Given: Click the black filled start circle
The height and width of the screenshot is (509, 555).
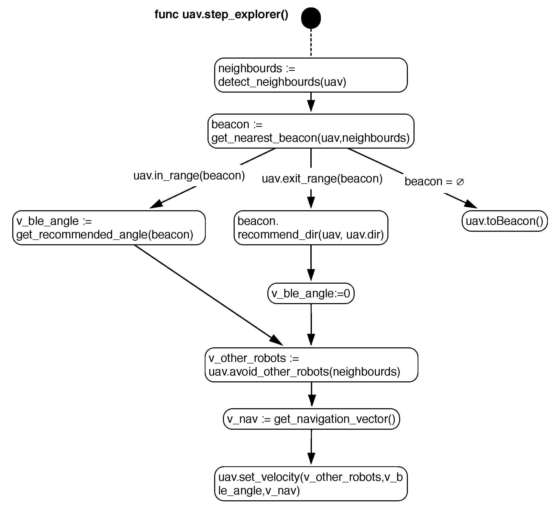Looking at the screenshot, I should (x=311, y=18).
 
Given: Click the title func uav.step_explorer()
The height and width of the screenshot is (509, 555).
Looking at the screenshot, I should (x=221, y=14).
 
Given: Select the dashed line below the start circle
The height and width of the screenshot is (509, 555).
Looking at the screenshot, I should (x=311, y=43).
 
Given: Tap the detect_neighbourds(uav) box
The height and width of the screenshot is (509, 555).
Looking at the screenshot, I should (x=311, y=75).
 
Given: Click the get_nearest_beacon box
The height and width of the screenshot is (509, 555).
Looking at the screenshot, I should (x=311, y=131).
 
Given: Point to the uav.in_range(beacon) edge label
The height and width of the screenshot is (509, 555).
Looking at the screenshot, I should (x=189, y=175).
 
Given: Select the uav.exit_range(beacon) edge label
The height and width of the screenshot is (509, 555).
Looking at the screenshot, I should (x=322, y=179).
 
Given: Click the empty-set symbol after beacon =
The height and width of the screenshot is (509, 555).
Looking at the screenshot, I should (x=460, y=182).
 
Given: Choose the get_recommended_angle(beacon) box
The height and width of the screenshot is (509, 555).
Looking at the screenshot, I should (x=109, y=228).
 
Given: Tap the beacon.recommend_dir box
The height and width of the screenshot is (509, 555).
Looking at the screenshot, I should (x=311, y=228).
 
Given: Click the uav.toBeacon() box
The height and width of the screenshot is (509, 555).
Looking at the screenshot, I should (x=504, y=221).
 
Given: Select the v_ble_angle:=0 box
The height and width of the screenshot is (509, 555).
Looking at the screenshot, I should (x=311, y=293).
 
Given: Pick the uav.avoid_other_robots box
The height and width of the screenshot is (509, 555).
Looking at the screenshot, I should (x=311, y=365).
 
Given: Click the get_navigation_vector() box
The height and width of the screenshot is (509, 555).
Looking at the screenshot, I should (x=311, y=419).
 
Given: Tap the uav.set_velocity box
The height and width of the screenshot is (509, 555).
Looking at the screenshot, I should (x=311, y=484).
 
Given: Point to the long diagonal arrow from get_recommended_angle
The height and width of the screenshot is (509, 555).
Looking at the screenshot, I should (x=207, y=294).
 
